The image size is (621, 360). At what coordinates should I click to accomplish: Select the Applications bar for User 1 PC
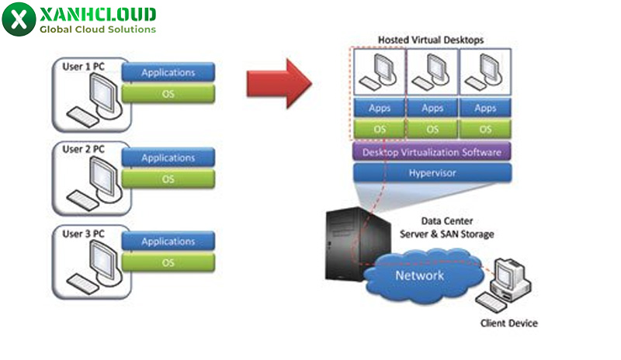[x=168, y=73]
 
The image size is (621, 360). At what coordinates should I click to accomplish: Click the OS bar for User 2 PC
[x=168, y=179]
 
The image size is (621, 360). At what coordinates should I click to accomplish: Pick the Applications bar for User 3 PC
[x=168, y=242]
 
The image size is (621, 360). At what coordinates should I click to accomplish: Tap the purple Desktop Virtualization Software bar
[x=432, y=151]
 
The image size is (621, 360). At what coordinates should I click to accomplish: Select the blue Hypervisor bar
[x=432, y=173]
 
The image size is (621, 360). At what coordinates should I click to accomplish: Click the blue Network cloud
[x=420, y=275]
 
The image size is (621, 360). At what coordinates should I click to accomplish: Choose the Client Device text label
[x=508, y=323]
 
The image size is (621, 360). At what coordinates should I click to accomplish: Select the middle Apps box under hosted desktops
[x=432, y=109]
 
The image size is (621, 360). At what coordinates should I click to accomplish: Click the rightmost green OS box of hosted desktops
[x=485, y=129]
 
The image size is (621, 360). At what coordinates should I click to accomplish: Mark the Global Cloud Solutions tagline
[x=97, y=29]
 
